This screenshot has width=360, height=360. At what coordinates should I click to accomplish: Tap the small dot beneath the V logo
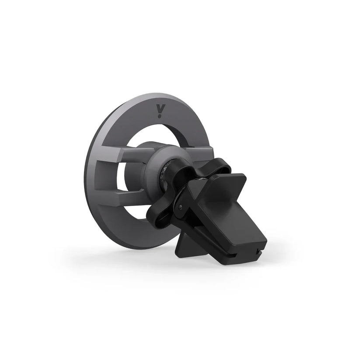[x=160, y=116]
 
